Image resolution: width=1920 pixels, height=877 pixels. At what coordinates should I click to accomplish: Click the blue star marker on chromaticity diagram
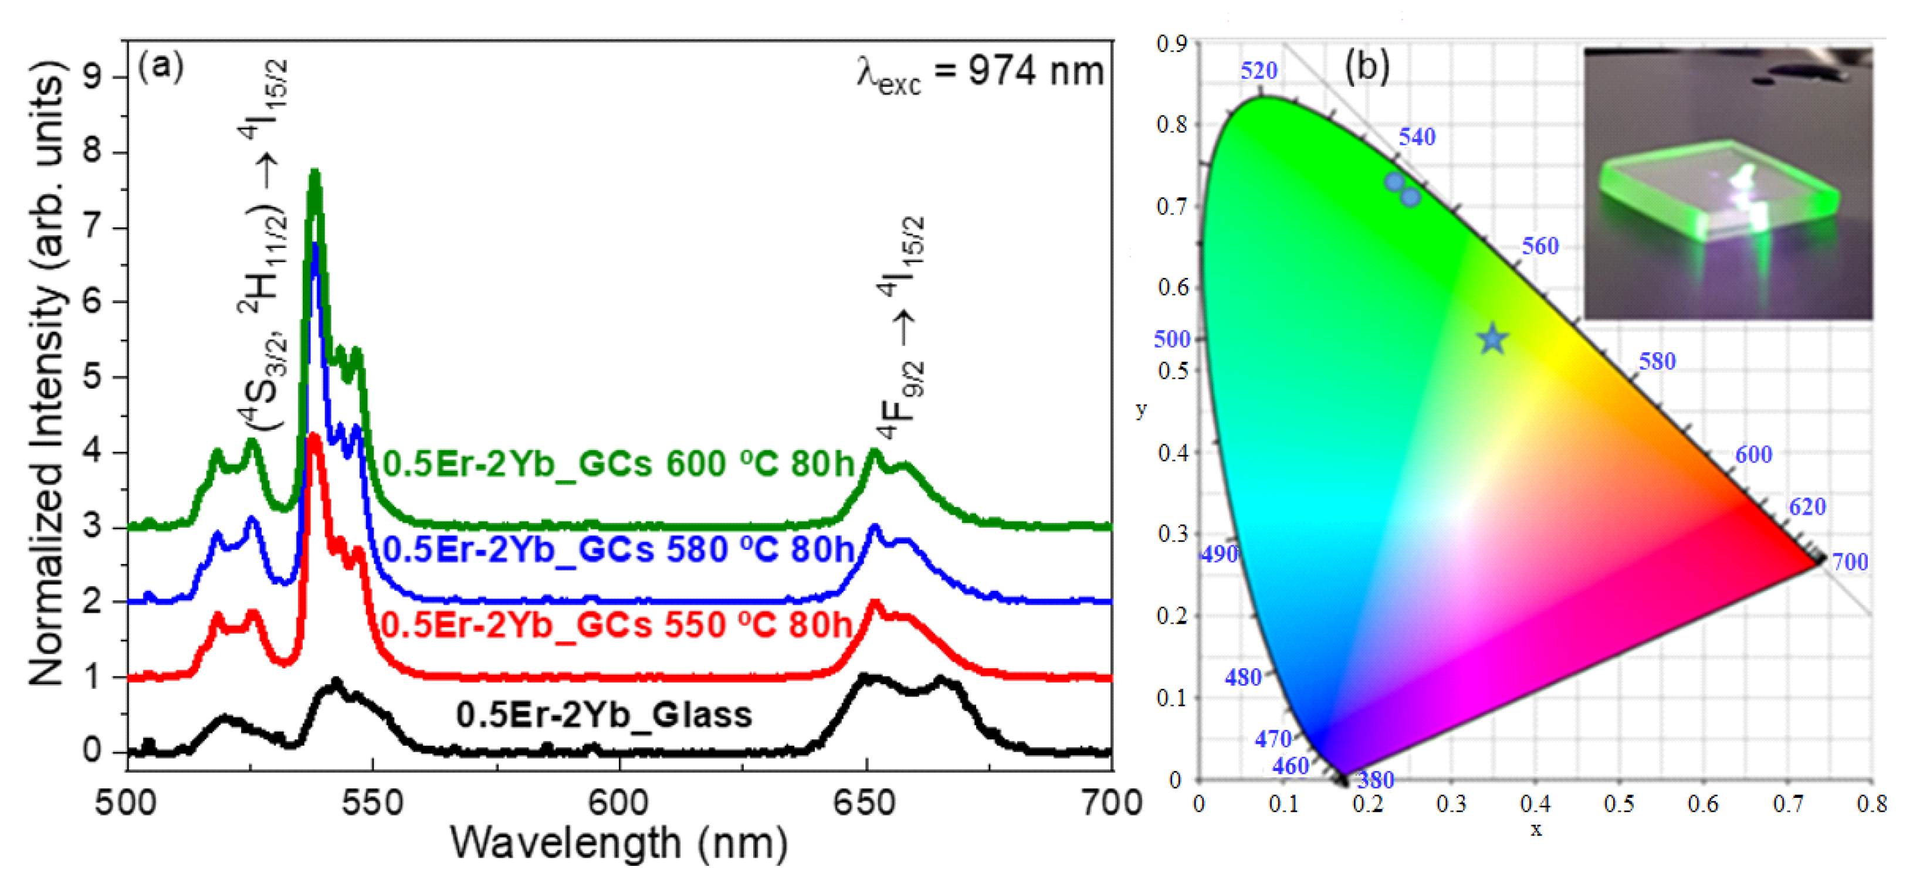pyautogui.click(x=1492, y=340)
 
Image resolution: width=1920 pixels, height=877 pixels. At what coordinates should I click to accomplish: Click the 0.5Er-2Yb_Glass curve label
pyautogui.click(x=604, y=715)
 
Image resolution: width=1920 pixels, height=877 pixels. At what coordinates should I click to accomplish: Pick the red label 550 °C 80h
pyautogui.click(x=617, y=624)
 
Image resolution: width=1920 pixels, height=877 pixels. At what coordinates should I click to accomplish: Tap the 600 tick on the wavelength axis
pyautogui.click(x=619, y=803)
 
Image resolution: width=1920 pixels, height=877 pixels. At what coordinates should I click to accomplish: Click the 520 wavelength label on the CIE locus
pyautogui.click(x=1258, y=71)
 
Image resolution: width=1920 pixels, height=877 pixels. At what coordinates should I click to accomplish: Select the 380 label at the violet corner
pyautogui.click(x=1375, y=779)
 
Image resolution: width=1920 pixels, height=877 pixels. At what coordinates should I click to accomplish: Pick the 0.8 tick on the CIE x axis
pyautogui.click(x=1871, y=804)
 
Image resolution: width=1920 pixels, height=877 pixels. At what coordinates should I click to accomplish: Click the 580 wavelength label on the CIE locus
pyautogui.click(x=1656, y=361)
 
